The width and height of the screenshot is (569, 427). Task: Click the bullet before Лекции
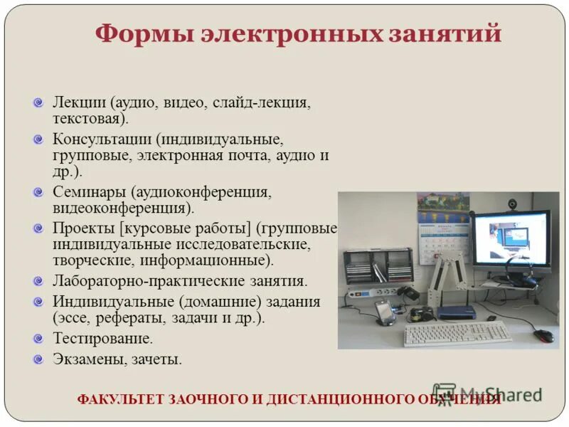click(x=39, y=102)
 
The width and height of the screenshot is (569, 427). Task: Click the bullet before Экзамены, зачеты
click(x=39, y=359)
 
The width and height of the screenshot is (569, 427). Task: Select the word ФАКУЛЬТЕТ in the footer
click(x=120, y=399)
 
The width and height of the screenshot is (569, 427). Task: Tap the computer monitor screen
click(x=511, y=240)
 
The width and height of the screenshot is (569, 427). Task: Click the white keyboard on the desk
click(x=457, y=332)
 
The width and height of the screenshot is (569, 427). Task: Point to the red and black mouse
click(x=544, y=334)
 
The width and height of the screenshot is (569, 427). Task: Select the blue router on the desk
click(x=456, y=312)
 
